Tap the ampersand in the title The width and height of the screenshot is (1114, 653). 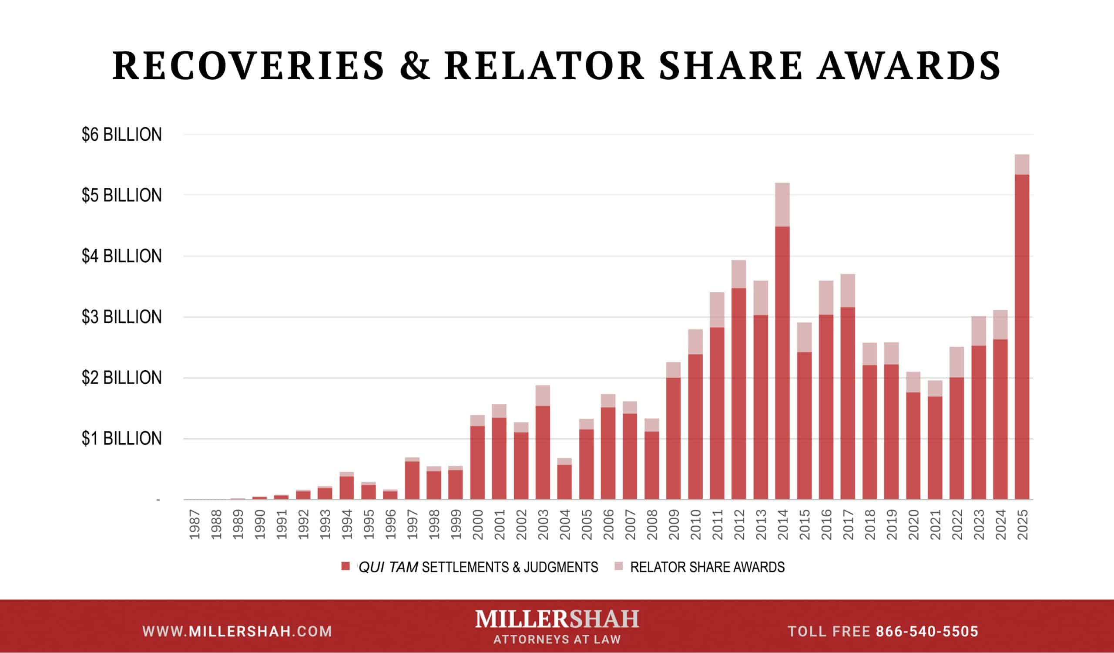414,65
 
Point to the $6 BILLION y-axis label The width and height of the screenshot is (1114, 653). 121,135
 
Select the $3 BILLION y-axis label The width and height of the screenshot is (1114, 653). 121,317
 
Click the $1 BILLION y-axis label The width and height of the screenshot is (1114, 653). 121,439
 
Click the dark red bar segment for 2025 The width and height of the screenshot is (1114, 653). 1022,336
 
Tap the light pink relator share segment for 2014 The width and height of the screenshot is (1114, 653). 782,204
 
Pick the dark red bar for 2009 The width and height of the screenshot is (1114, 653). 673,438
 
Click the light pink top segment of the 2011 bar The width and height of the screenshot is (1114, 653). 717,310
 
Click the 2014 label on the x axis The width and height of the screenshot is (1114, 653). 782,524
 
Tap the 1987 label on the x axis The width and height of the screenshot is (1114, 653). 195,524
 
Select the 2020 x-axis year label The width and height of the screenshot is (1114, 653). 913,524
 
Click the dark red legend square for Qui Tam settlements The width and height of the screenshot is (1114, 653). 346,567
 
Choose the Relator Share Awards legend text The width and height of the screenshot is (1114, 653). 707,567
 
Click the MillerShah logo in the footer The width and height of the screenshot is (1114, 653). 557,619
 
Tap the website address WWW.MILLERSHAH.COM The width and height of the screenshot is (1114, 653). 238,632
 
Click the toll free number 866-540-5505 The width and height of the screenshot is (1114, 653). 927,632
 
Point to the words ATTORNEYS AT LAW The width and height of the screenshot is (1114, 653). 557,640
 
